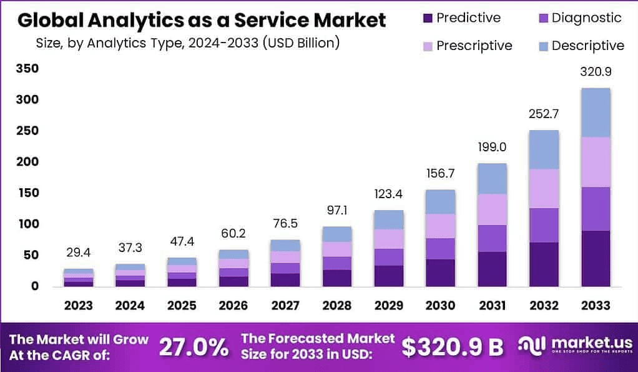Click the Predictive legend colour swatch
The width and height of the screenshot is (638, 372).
(427, 18)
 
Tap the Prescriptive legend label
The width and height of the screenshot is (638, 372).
(474, 46)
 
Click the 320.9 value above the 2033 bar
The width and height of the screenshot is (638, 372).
(596, 72)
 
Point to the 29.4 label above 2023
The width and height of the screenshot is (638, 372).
(79, 253)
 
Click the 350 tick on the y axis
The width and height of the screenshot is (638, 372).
(27, 69)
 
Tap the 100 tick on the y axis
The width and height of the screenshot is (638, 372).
(27, 224)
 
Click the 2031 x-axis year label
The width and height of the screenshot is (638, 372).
(492, 306)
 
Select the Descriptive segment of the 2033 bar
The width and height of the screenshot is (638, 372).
(596, 113)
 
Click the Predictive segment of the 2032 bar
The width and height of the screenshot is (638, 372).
(544, 264)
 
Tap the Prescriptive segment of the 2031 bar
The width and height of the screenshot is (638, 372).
(492, 209)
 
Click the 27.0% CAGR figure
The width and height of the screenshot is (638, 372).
(194, 347)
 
